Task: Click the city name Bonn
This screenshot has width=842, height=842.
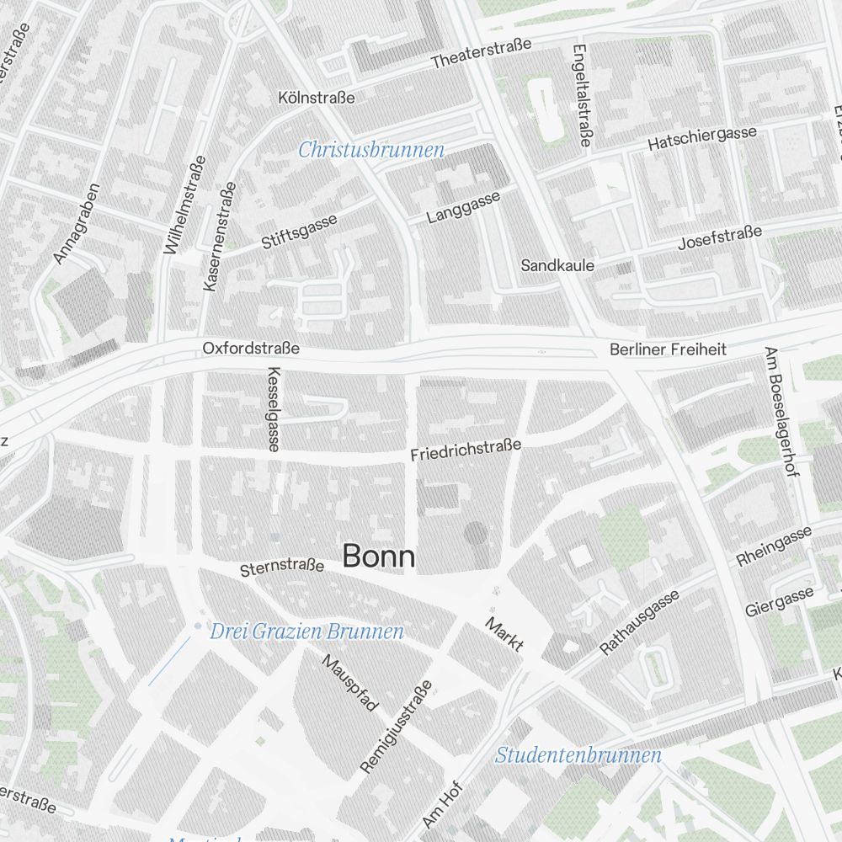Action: pyautogui.click(x=379, y=557)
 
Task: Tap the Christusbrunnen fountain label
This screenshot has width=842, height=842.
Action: pyautogui.click(x=371, y=151)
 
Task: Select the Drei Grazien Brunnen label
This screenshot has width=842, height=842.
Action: pyautogui.click(x=306, y=631)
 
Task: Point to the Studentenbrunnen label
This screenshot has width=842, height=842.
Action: pyautogui.click(x=578, y=755)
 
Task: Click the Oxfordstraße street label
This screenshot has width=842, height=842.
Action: pyautogui.click(x=251, y=348)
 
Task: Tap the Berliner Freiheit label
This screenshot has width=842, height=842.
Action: pyautogui.click(x=669, y=349)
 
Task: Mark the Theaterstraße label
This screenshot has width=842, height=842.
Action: pyautogui.click(x=481, y=53)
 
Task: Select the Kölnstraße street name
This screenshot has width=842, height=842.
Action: pyautogui.click(x=317, y=98)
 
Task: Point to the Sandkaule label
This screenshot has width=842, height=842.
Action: pyautogui.click(x=557, y=265)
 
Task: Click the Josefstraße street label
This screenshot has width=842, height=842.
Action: pyautogui.click(x=720, y=237)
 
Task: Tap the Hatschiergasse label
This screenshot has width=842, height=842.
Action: pyautogui.click(x=702, y=139)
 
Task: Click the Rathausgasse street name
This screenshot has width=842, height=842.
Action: pyautogui.click(x=639, y=623)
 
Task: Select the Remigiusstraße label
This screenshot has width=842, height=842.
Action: pyautogui.click(x=396, y=727)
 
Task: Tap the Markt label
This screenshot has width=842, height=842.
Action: pyautogui.click(x=504, y=634)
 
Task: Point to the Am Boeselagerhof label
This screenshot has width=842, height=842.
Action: pyautogui.click(x=780, y=412)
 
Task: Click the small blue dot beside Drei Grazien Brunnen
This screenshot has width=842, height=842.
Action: pyautogui.click(x=198, y=626)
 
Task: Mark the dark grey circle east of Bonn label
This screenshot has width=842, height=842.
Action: pyautogui.click(x=476, y=532)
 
